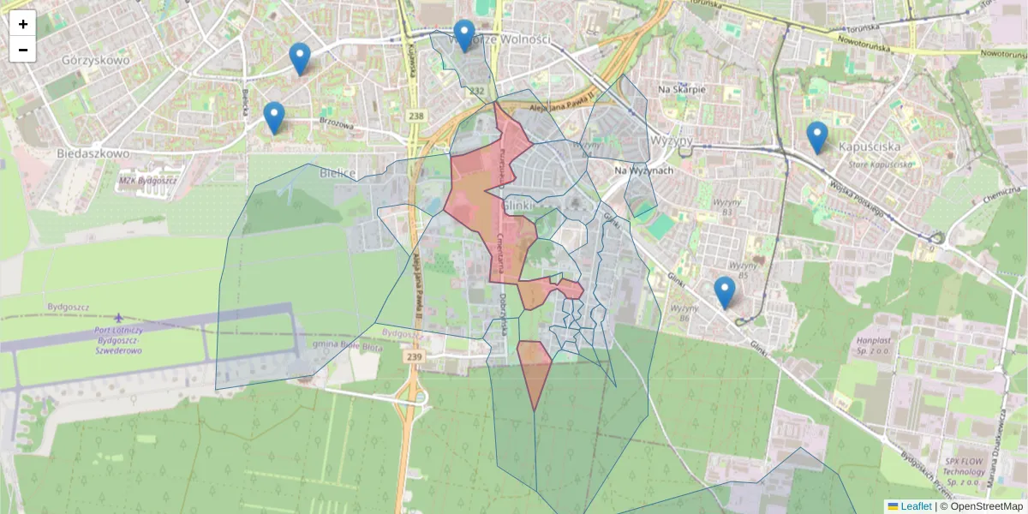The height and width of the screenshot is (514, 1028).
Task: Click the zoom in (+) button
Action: pos(23,24)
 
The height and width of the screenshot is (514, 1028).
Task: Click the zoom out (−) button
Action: pos(23,50)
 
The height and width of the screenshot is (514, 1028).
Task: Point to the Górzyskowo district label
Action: pos(95,61)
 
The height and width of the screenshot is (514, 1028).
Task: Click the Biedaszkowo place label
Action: pos(93,153)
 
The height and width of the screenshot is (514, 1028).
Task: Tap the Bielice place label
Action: pos(337,173)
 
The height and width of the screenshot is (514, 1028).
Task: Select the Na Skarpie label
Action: pos(682,89)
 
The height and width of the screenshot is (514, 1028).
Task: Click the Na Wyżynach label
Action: pos(644,170)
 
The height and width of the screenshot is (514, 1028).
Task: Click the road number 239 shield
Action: pos(415,356)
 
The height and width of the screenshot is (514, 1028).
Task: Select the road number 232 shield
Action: pos(477,91)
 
